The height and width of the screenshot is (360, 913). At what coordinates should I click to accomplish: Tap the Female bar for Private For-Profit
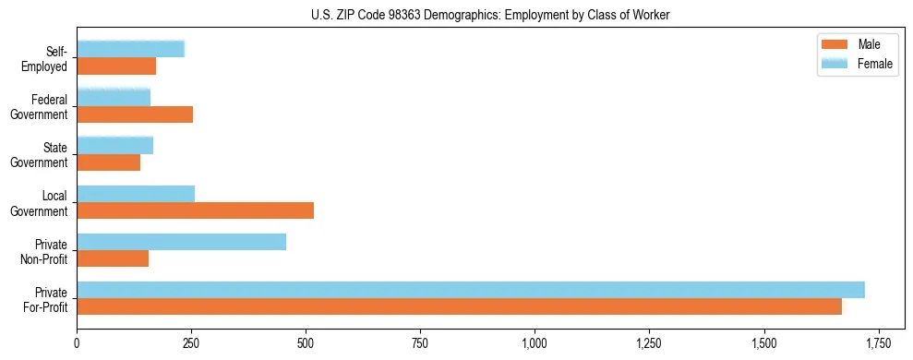click(471, 290)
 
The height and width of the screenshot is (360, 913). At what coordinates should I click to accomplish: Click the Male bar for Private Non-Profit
click(113, 258)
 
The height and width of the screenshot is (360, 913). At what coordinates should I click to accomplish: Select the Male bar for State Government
click(108, 162)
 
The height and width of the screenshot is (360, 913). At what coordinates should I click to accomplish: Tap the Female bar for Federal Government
click(114, 97)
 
